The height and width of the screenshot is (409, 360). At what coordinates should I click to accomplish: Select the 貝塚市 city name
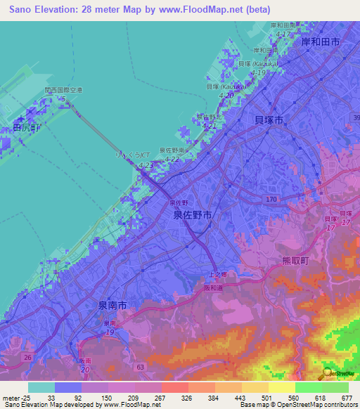269,121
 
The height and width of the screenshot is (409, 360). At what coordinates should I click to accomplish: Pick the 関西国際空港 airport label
63,91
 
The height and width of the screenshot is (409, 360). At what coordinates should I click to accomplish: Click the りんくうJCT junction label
133,155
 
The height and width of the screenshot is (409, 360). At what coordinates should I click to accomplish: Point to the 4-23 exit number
146,164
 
